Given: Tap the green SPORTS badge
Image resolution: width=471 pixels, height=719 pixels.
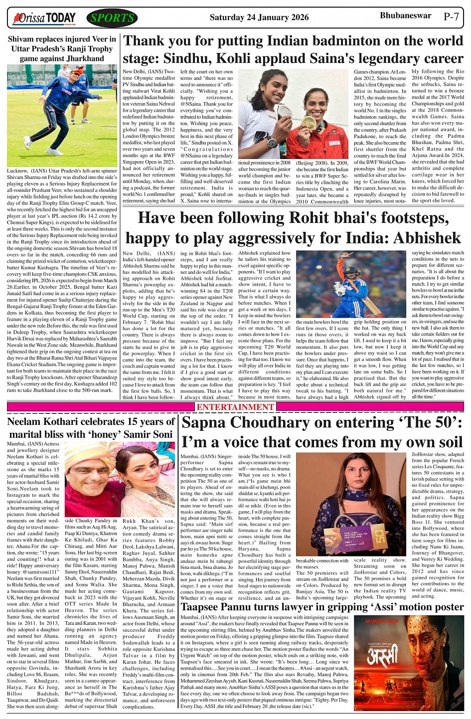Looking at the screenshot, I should [112, 18].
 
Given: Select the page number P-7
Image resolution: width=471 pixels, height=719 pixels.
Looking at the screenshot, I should [451, 16].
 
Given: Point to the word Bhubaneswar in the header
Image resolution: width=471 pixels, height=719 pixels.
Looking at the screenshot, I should [405, 15].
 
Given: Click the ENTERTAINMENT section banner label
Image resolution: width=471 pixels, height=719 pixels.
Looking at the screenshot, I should [235, 407].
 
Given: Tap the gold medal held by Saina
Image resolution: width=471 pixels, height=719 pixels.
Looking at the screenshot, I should [310, 123].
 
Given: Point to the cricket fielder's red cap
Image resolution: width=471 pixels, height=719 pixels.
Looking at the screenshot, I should [75, 72].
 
